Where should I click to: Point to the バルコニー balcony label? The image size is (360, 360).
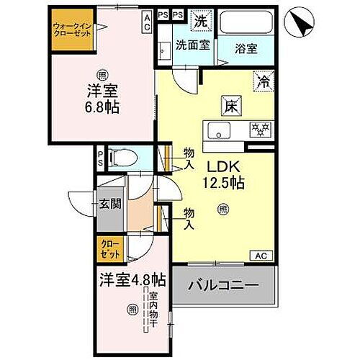coord(224,286)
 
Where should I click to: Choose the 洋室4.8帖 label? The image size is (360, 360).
coord(134,278)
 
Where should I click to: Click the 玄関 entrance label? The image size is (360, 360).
coord(110,204)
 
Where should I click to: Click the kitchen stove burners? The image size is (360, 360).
coord(258,130)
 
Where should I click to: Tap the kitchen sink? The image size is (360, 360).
coord(216,130)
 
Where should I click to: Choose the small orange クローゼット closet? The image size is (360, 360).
coord(110,250)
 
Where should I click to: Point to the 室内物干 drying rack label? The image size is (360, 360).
coord(153,305)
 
